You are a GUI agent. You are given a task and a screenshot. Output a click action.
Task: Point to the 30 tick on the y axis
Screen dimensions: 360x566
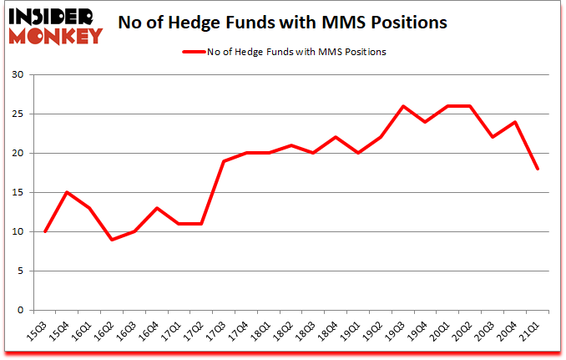[19, 75]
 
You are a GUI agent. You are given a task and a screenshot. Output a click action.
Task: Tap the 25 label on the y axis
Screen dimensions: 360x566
[19, 114]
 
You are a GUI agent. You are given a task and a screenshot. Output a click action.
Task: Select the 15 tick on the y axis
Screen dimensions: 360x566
[19, 193]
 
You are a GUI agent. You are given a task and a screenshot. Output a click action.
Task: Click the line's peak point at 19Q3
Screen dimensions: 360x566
[404, 106]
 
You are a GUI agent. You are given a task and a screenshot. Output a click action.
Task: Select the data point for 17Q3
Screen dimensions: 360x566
[223, 161]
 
